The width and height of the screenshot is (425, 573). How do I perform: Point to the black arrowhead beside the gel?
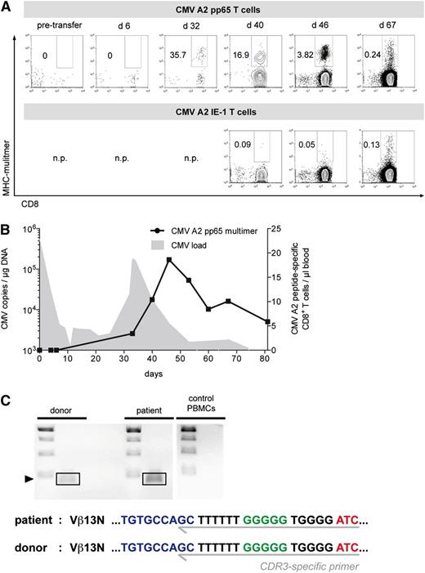pos(29,478)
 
